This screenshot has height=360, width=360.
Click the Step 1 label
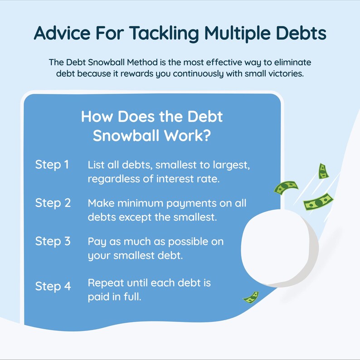click(52, 165)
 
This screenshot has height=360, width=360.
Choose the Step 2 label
click(53, 203)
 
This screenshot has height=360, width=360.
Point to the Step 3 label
click(53, 241)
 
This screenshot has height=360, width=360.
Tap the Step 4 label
click(53, 287)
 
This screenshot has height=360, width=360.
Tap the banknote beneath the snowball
click(251, 297)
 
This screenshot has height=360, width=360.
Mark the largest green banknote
click(319, 201)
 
